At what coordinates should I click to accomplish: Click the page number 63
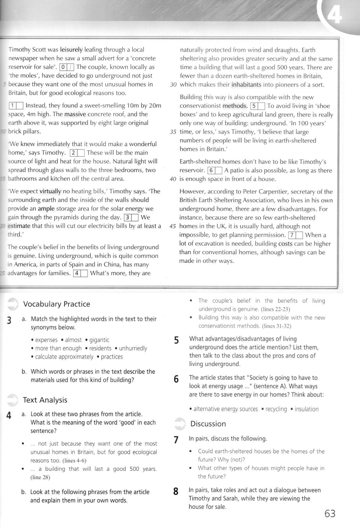330,513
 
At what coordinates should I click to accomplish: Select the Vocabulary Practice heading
57,304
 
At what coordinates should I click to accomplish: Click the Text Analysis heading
45,400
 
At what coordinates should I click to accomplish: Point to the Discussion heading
208,424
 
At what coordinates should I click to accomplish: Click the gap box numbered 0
67,67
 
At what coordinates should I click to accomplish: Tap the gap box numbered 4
81,273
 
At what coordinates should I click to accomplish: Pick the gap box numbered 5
258,106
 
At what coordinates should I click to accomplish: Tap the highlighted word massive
76,114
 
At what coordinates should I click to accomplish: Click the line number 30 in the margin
173,85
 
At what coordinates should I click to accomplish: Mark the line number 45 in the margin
173,227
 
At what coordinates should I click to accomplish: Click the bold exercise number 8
176,491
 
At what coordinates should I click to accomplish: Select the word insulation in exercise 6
306,409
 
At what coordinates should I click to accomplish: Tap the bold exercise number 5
176,340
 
